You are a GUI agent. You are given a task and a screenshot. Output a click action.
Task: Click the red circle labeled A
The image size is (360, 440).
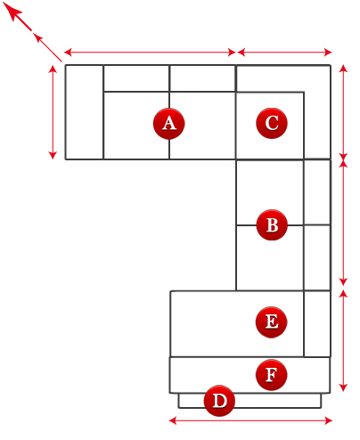(168, 124)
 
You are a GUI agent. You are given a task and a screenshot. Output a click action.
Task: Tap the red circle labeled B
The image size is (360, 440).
(272, 225)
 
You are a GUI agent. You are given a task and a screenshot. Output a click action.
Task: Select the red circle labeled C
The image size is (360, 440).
(272, 123)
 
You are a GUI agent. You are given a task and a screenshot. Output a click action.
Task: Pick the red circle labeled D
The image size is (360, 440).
(219, 401)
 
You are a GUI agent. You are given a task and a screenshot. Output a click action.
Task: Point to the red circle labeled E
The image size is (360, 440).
(271, 322)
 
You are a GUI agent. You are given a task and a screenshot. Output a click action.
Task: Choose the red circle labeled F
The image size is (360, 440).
(271, 375)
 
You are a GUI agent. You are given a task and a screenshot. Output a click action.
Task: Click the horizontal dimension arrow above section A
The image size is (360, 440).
(150, 53)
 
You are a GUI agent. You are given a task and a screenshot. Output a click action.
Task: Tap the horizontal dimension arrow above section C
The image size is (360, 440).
(284, 53)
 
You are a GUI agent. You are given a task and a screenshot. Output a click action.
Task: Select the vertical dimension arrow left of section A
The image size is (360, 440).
(53, 112)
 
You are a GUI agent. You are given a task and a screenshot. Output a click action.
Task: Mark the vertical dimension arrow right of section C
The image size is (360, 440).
(343, 112)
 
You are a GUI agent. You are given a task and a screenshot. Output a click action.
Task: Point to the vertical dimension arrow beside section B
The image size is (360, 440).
(343, 223)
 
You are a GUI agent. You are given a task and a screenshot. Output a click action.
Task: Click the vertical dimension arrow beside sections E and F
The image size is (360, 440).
(343, 340)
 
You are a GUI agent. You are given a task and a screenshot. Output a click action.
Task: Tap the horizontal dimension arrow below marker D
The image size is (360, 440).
(250, 420)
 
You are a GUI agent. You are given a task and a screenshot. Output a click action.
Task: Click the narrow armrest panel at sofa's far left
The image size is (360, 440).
(85, 112)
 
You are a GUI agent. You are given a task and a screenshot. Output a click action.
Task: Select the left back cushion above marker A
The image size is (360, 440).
(136, 78)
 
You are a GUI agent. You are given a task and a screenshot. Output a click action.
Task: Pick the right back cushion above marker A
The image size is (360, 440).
(202, 78)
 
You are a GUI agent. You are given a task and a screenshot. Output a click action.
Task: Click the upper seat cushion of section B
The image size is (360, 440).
(270, 192)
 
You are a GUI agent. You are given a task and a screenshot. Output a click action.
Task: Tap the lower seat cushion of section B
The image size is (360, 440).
(270, 257)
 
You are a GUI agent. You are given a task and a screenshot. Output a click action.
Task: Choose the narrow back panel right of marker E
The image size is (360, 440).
(317, 323)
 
